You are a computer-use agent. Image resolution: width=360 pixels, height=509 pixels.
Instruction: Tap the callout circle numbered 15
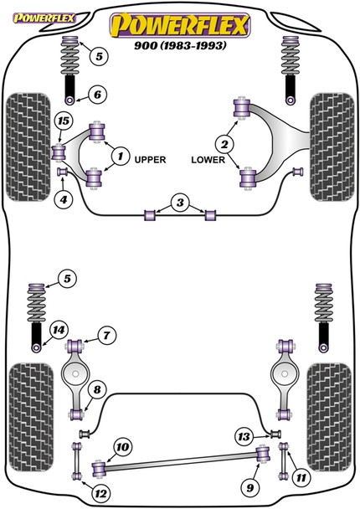tap(62, 122)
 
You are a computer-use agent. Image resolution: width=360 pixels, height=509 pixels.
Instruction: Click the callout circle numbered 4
tap(62, 199)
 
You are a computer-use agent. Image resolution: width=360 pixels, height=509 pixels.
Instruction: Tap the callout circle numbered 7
tap(106, 336)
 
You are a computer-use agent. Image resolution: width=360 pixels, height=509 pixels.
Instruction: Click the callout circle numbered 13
tap(244, 435)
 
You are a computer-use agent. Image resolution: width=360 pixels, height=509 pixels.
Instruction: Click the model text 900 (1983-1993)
tap(180, 45)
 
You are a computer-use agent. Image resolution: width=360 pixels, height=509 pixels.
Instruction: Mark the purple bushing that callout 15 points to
tap(60, 152)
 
